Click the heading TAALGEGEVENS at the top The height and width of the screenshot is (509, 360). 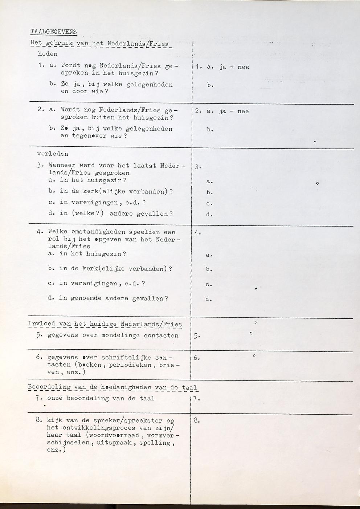54,32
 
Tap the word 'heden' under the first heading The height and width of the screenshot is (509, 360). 48,54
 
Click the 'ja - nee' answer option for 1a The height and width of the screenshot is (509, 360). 234,67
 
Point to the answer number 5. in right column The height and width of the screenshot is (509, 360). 196,336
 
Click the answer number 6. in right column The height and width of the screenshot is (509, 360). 196,358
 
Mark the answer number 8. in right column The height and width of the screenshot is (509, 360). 197,421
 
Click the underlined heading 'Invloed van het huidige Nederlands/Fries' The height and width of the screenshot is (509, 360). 105,324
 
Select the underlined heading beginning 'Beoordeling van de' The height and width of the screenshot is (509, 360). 113,387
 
